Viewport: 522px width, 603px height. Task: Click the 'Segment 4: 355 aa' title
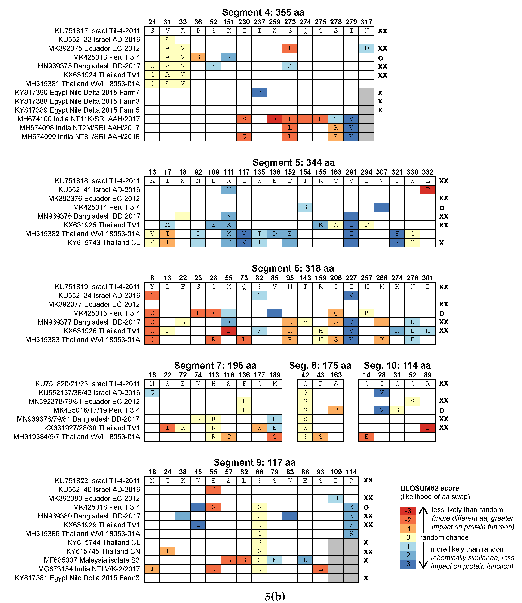point(263,13)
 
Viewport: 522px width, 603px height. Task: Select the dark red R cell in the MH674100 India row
point(274,119)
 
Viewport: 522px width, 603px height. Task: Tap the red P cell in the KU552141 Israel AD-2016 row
point(427,190)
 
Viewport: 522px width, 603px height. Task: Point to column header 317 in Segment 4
point(366,22)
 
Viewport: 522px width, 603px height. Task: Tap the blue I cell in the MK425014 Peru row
point(382,207)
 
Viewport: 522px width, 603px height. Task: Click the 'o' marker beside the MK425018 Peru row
point(366,507)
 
